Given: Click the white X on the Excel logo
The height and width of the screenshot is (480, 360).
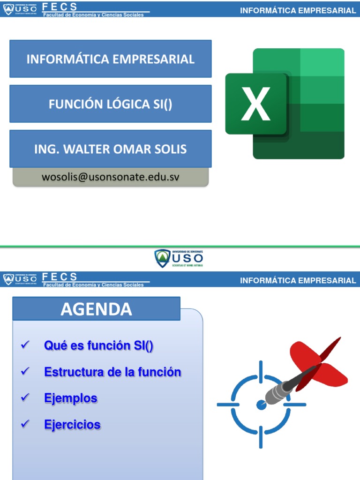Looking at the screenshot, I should click(x=255, y=104).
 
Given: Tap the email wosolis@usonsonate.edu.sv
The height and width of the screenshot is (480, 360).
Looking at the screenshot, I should click(x=111, y=177).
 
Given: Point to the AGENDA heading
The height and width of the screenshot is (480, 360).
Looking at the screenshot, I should click(x=96, y=309).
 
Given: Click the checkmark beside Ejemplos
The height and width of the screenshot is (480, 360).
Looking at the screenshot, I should click(x=26, y=397).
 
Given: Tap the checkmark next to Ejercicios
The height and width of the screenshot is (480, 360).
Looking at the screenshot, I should click(x=26, y=424).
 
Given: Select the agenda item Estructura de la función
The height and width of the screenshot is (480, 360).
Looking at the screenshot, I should click(x=112, y=372).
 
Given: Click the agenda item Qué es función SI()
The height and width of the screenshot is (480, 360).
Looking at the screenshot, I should click(x=99, y=346).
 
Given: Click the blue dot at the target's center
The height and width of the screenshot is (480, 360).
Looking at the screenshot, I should click(x=261, y=404).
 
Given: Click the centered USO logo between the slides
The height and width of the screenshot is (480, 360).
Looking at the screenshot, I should click(x=179, y=258).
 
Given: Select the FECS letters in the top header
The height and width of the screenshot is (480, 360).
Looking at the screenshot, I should click(x=60, y=7).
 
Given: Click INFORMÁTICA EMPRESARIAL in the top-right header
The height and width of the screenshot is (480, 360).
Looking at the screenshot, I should click(x=298, y=10).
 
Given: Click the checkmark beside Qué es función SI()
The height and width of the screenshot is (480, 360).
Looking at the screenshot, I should click(x=26, y=345).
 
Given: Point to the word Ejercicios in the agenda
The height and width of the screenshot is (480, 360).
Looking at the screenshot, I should click(x=72, y=425).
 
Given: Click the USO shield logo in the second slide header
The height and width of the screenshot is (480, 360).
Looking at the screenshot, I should click(x=8, y=279).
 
